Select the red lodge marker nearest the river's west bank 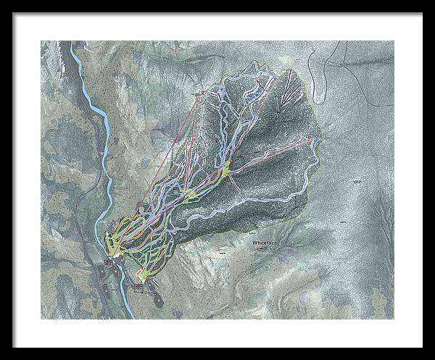(108, 261)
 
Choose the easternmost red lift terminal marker (310, 138)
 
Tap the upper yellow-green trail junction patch (228, 168)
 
